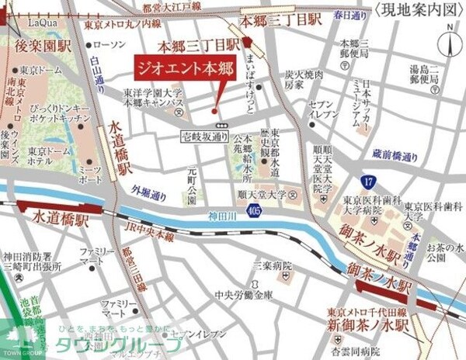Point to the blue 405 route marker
[x=257, y=209]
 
